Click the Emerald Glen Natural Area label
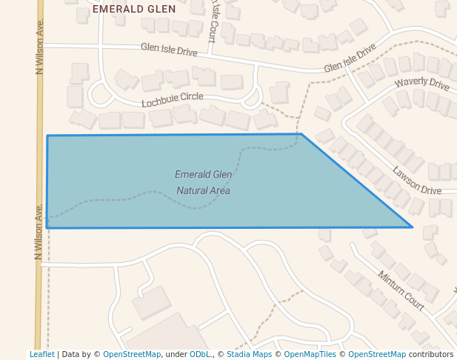coord(203,182)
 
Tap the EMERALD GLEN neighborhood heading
coord(135,9)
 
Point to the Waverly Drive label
coord(421,84)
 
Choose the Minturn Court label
coord(401,290)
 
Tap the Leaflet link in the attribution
coord(41,355)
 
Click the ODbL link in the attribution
coord(199,355)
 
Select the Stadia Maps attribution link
coord(249,355)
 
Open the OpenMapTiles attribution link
coord(310,355)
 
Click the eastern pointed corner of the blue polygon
coord(412,227)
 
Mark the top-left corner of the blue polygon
coord(47,136)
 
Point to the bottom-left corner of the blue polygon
coord(47,227)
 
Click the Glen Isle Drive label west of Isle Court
coord(169,50)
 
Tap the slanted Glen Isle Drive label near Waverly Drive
coord(350,61)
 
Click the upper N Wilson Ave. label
coord(40,46)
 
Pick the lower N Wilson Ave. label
coord(38,231)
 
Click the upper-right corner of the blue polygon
coord(301,134)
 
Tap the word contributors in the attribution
coord(430,355)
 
